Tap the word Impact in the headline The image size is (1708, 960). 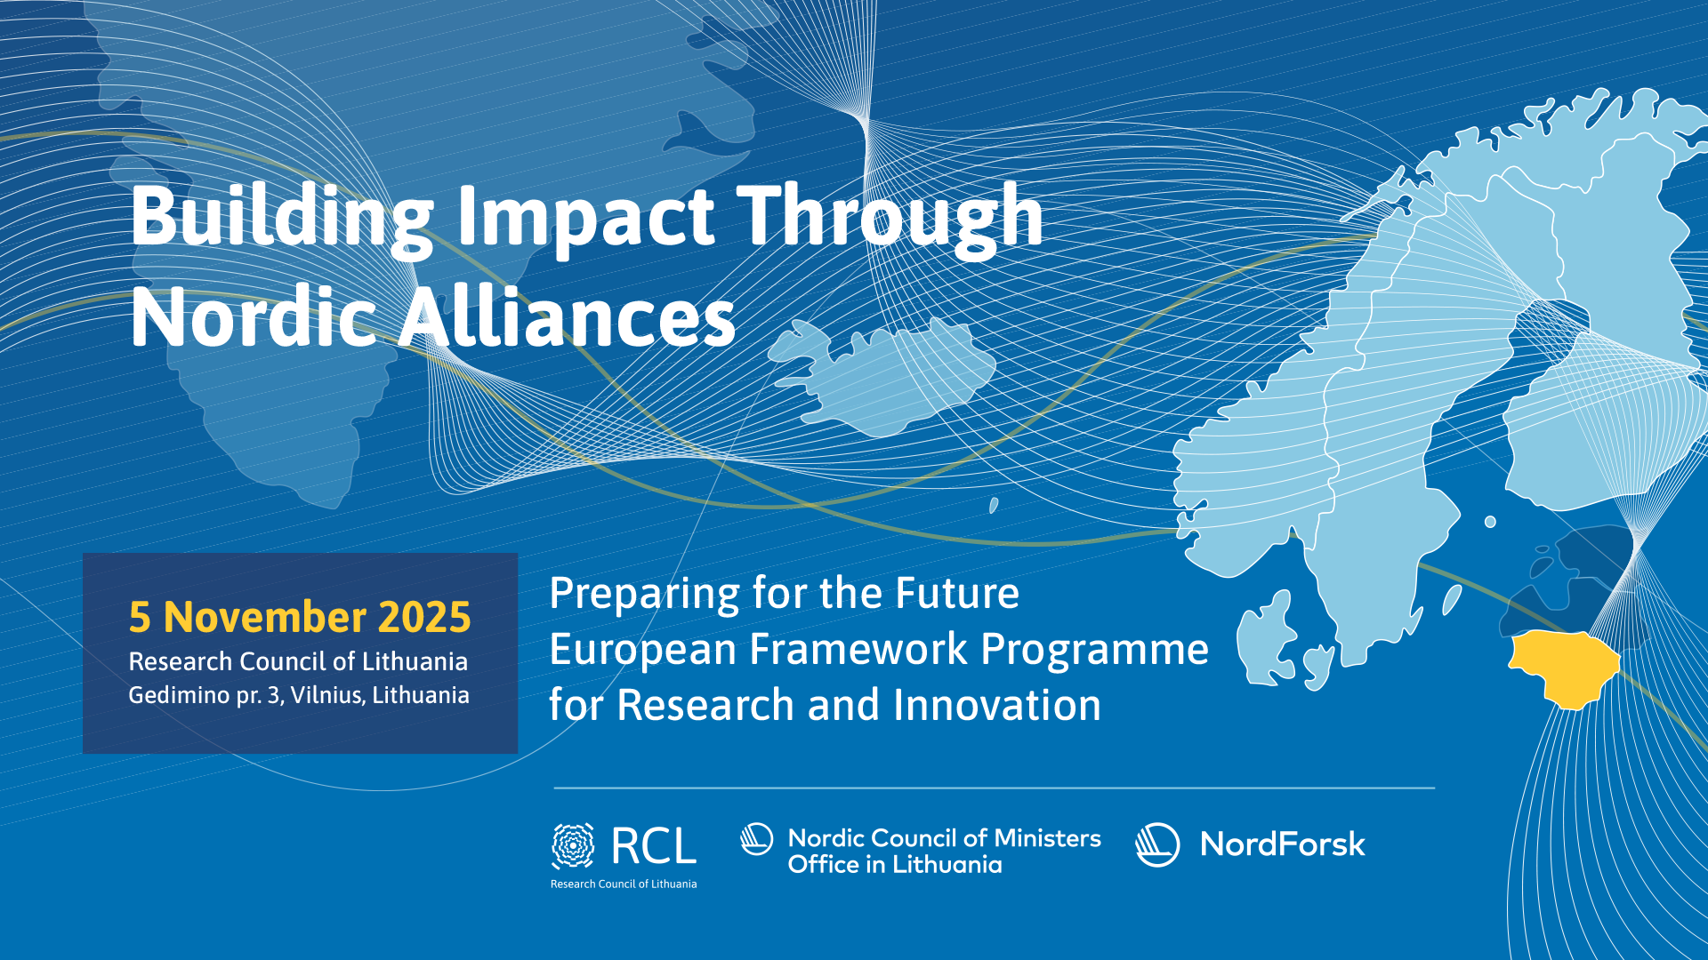click(x=586, y=218)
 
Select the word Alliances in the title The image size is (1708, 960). click(x=567, y=316)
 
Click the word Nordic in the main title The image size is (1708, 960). click(x=254, y=316)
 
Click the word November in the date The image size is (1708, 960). click(x=265, y=617)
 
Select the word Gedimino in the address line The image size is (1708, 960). click(x=181, y=695)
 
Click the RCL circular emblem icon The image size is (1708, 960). click(x=573, y=845)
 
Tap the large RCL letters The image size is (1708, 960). click(x=654, y=846)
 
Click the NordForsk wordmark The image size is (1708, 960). click(x=1282, y=844)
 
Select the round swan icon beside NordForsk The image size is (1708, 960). click(x=1157, y=844)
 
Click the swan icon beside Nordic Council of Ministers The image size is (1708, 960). click(x=757, y=839)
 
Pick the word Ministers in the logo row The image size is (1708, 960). click(x=1047, y=838)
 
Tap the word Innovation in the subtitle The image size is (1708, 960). click(x=997, y=705)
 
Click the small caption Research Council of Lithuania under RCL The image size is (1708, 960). click(x=624, y=884)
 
